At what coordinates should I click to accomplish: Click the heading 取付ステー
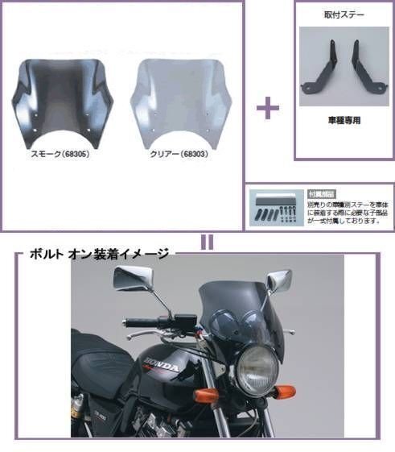click(x=344, y=14)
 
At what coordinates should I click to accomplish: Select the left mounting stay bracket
click(x=316, y=72)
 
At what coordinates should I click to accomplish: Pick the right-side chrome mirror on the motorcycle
click(x=281, y=280)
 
